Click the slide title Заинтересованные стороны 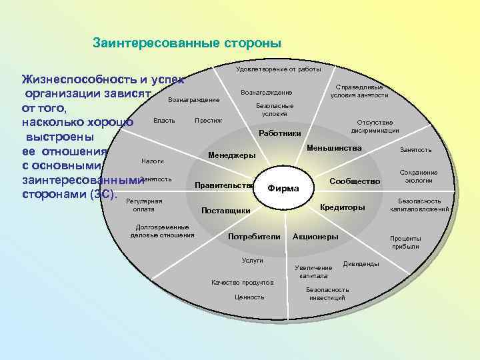187,43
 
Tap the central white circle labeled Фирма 283,188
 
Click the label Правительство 223,185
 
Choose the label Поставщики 225,211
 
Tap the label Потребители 254,237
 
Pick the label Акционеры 315,237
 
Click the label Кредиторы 343,208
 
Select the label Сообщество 355,181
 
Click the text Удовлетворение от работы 279,69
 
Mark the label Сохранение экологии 419,176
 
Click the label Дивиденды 361,264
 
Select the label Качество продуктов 243,282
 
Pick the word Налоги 153,161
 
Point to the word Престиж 208,121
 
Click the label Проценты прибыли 405,242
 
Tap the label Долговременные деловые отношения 163,231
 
